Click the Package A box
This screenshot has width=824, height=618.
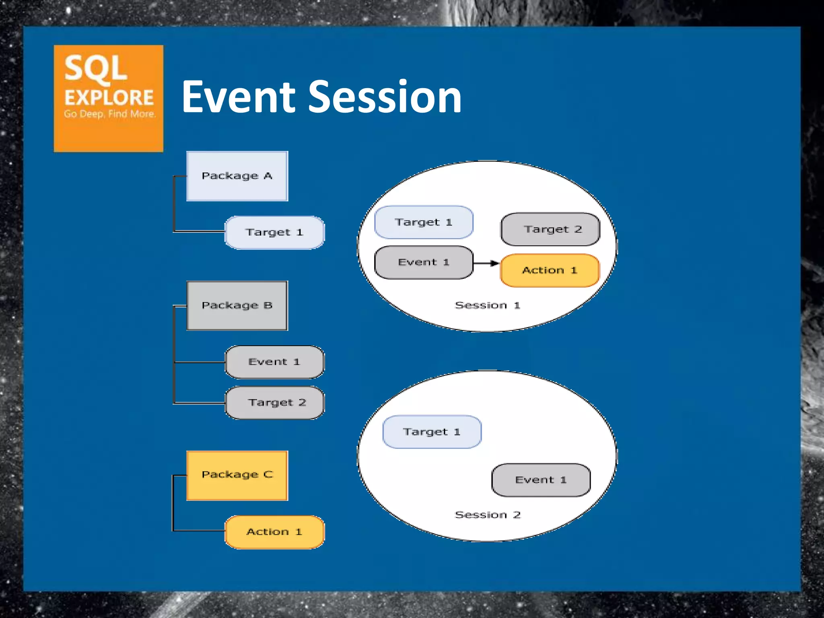tap(237, 176)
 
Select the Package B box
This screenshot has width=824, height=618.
tap(237, 305)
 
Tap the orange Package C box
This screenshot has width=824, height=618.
tap(237, 475)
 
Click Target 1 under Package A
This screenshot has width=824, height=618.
tap(274, 233)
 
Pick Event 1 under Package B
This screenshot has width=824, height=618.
tap(274, 362)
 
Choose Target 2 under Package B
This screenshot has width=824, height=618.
tap(274, 402)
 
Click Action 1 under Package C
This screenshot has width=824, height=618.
tap(274, 532)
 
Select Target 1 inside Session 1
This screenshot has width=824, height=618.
tap(424, 222)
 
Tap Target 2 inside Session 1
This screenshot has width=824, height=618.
tap(550, 229)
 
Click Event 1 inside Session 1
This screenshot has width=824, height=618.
tap(424, 262)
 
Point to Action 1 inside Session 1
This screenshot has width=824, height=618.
tap(550, 270)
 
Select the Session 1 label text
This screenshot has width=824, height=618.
tap(488, 305)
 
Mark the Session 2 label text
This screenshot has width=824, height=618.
tap(488, 515)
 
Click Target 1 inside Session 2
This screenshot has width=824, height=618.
tap(432, 432)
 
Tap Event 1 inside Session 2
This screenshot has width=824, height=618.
tap(541, 480)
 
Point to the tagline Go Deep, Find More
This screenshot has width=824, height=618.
tap(109, 114)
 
